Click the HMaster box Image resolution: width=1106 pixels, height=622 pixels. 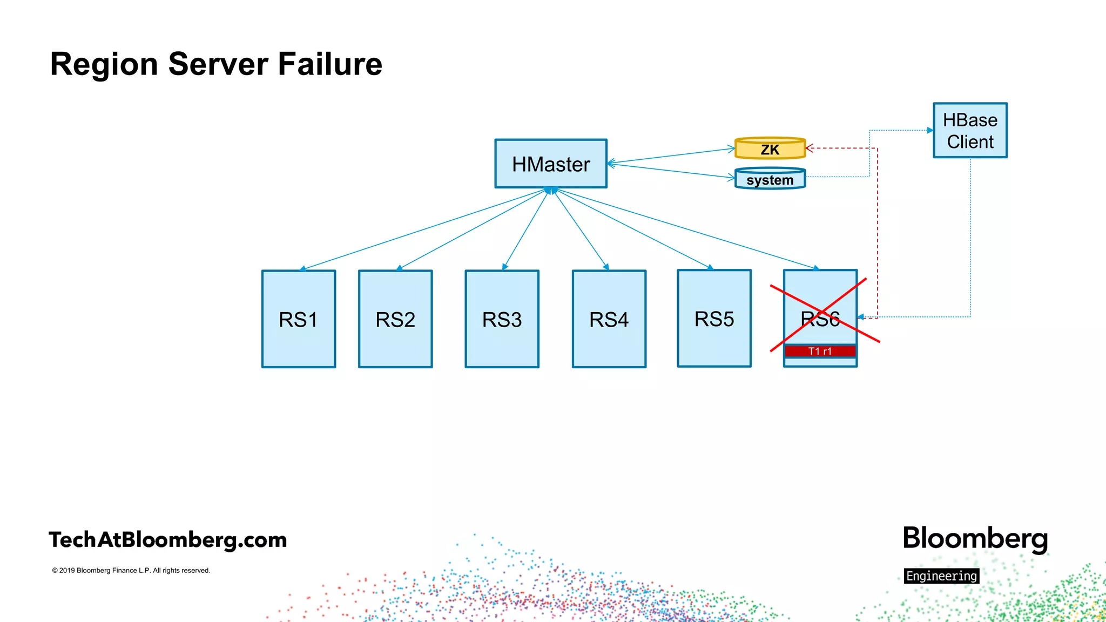pyautogui.click(x=551, y=164)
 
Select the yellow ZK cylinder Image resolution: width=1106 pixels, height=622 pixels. pyautogui.click(x=770, y=149)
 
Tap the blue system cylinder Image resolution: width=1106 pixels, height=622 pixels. pyautogui.click(x=770, y=179)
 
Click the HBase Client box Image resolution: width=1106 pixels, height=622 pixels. pyautogui.click(x=970, y=131)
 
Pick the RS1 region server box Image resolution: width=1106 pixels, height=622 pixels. pyautogui.click(x=298, y=319)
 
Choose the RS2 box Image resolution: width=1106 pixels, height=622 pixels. pyautogui.click(x=395, y=319)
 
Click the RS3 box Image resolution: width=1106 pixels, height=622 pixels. pyautogui.click(x=502, y=319)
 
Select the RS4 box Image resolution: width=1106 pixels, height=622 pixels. pyautogui.click(x=609, y=319)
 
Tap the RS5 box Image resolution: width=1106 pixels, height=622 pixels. pyautogui.click(x=714, y=319)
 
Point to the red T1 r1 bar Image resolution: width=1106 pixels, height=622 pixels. pyautogui.click(x=820, y=351)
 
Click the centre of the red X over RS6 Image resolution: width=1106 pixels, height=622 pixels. pyautogui.click(x=821, y=314)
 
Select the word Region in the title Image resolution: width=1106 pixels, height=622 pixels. pyautogui.click(x=104, y=65)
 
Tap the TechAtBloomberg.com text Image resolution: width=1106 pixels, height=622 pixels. pyautogui.click(x=167, y=540)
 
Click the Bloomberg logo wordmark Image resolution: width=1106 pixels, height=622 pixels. pyautogui.click(x=975, y=539)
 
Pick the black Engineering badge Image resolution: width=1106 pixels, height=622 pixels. pyautogui.click(x=941, y=576)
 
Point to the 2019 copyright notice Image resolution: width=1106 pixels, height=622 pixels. pyautogui.click(x=131, y=570)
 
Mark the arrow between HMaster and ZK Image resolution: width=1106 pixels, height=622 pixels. pyautogui.click(x=671, y=155)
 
